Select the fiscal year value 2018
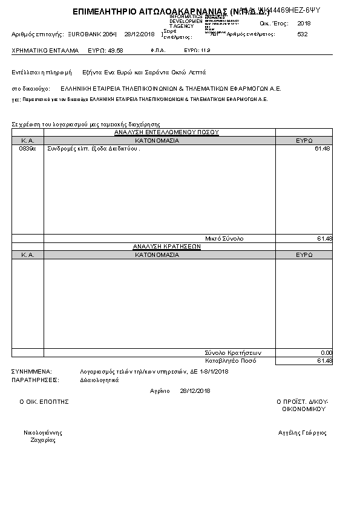304,23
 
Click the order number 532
303,34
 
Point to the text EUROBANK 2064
93,34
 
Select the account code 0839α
28,149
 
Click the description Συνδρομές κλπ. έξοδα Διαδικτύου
93,149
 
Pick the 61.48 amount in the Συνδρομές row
322,149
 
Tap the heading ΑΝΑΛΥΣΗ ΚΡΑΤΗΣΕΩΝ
159,247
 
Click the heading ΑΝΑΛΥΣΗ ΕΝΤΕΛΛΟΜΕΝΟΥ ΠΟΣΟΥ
159,132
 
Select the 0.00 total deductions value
326,352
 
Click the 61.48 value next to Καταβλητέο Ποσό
324,361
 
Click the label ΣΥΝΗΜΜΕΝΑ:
31,371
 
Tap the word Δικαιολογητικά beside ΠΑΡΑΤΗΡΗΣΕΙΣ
99,380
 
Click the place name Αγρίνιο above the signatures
160,391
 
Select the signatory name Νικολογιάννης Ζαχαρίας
43,436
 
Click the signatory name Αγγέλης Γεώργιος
303,433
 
